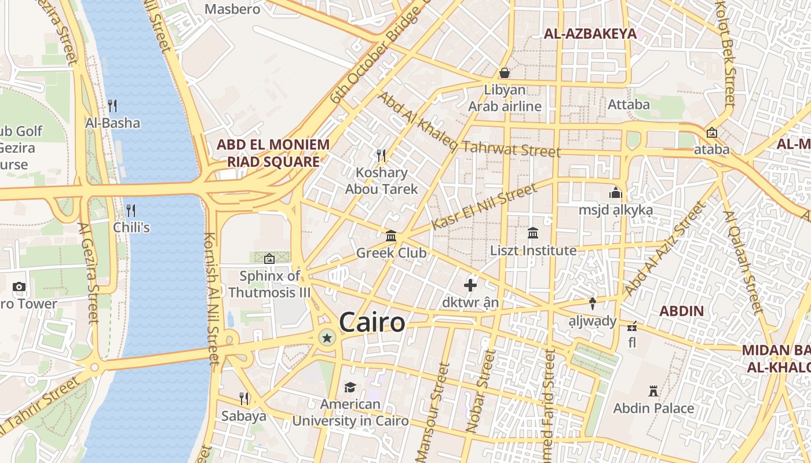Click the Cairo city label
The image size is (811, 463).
tap(372, 322)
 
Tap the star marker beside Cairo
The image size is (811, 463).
tap(327, 338)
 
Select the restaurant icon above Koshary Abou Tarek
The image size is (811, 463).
tap(381, 155)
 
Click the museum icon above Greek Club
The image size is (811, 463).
tap(391, 236)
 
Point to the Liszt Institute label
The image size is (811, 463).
tap(533, 251)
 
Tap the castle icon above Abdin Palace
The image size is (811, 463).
tap(653, 391)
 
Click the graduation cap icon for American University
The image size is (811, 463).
tap(350, 387)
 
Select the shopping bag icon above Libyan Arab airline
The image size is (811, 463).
tap(505, 73)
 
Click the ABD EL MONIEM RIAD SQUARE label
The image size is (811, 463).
tap(273, 153)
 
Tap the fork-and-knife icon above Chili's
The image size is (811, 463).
tap(131, 210)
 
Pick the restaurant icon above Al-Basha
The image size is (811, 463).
tap(112, 105)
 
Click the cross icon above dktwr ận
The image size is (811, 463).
tap(470, 285)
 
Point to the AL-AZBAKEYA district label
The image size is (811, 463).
tap(590, 34)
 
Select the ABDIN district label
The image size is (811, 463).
tap(682, 311)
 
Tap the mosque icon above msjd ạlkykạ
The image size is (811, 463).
tap(615, 193)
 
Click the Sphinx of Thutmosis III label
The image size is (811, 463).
tap(270, 284)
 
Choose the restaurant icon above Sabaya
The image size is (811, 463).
tap(244, 398)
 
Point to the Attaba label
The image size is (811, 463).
tap(629, 105)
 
